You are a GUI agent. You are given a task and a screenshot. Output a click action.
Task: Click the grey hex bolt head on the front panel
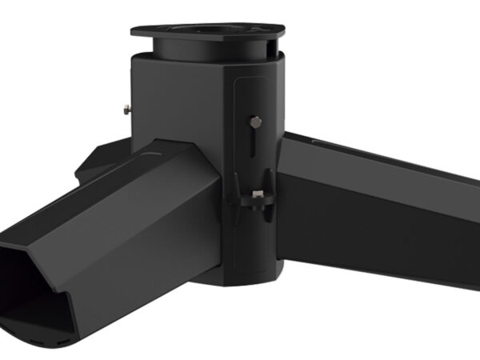[255, 122]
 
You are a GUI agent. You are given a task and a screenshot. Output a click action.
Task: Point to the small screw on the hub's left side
[128, 107]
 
